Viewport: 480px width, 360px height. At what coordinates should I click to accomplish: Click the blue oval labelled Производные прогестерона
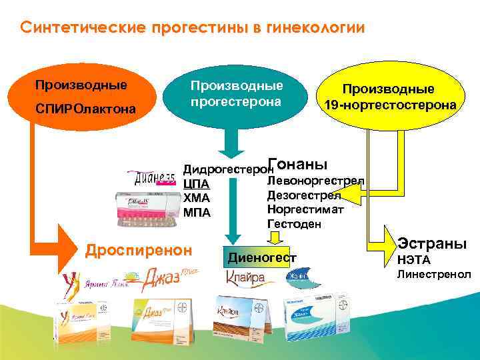click(237, 93)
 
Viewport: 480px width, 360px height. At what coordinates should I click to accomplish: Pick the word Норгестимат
click(305, 209)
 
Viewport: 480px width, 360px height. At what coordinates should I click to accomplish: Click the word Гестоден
click(294, 224)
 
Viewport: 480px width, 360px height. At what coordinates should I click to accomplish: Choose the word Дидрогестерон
click(225, 167)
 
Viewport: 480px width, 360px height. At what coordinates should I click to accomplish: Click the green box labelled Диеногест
click(262, 257)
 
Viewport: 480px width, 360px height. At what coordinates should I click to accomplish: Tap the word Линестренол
click(434, 274)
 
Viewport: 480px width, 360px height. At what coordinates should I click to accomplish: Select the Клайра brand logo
click(245, 277)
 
